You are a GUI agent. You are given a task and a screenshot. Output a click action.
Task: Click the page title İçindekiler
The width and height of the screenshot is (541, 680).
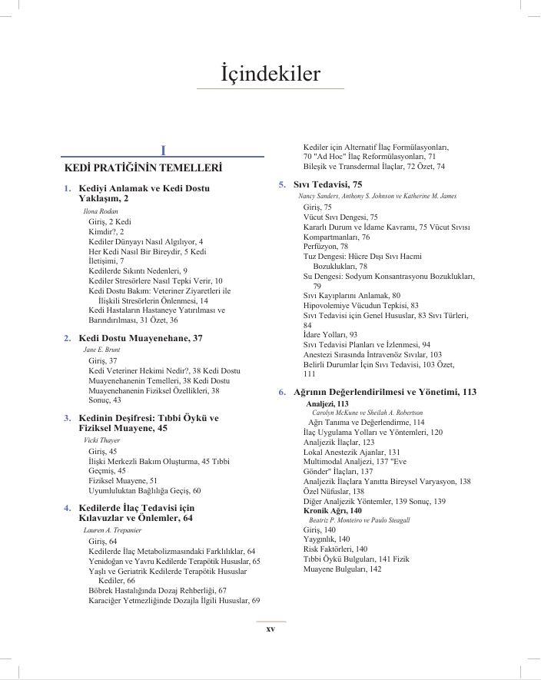[270, 74]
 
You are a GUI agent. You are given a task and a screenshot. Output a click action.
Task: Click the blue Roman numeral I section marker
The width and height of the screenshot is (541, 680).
[164, 151]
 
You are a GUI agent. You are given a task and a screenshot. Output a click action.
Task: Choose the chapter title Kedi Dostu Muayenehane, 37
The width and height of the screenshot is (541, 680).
[141, 338]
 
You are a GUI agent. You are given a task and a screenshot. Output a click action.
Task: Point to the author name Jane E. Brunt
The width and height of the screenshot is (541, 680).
[101, 350]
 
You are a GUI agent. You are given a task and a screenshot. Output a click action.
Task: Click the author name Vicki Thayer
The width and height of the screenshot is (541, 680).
[98, 440]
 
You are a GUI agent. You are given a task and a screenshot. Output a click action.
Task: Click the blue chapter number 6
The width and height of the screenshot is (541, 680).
[282, 392]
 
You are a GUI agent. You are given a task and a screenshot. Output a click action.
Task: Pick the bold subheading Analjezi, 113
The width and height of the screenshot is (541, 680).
[327, 403]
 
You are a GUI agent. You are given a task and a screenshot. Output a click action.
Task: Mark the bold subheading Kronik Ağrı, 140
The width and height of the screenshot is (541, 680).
[333, 510]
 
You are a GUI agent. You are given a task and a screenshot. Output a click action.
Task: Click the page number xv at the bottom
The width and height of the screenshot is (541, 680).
[270, 629]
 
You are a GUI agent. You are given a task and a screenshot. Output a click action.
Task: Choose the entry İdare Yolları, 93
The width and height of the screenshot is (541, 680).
[330, 335]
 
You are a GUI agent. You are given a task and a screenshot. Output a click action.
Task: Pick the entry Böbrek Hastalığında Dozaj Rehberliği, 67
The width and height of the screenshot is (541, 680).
[158, 590]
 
